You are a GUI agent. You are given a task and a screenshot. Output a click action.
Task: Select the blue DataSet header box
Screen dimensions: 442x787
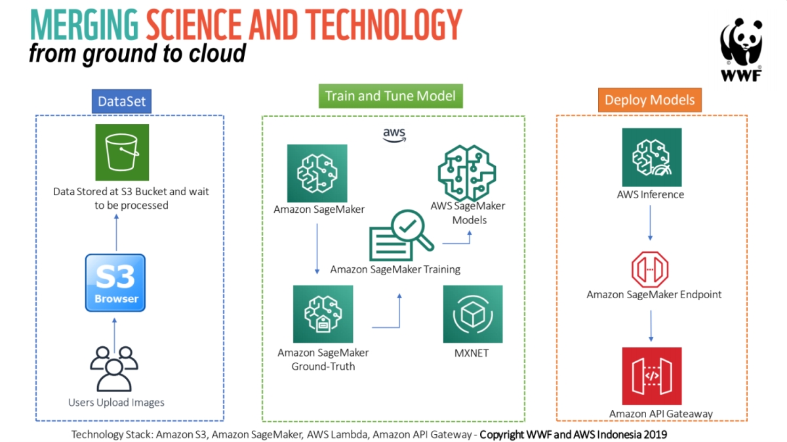(x=121, y=101)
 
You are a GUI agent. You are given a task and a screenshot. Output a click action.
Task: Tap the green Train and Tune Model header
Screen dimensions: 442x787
(x=390, y=96)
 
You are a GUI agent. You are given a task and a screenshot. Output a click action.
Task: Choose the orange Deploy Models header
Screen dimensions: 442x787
(x=649, y=100)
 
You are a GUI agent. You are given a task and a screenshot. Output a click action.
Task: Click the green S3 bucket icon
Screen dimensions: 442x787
(x=122, y=152)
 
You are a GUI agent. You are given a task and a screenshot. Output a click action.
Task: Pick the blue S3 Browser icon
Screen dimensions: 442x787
(x=115, y=283)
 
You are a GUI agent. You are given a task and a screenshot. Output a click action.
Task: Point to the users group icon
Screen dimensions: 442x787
(x=114, y=368)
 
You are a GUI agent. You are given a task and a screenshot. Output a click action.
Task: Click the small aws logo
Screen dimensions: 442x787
(x=394, y=135)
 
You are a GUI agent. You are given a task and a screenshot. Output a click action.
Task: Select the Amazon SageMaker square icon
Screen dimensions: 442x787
(x=317, y=174)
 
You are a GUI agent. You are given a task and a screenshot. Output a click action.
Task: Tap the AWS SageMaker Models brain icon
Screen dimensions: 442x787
(x=467, y=173)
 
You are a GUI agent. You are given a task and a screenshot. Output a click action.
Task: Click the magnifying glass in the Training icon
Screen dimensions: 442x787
(x=412, y=230)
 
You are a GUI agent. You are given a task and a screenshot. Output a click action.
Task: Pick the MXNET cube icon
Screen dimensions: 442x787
(x=473, y=314)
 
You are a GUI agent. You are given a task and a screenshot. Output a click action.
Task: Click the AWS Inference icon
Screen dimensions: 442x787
(x=651, y=158)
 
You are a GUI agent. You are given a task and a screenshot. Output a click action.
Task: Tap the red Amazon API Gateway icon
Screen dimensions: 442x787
(x=651, y=376)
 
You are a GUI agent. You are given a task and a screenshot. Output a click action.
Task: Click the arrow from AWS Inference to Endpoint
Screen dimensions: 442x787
(x=650, y=223)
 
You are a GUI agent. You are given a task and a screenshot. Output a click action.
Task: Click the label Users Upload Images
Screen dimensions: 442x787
(x=116, y=402)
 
